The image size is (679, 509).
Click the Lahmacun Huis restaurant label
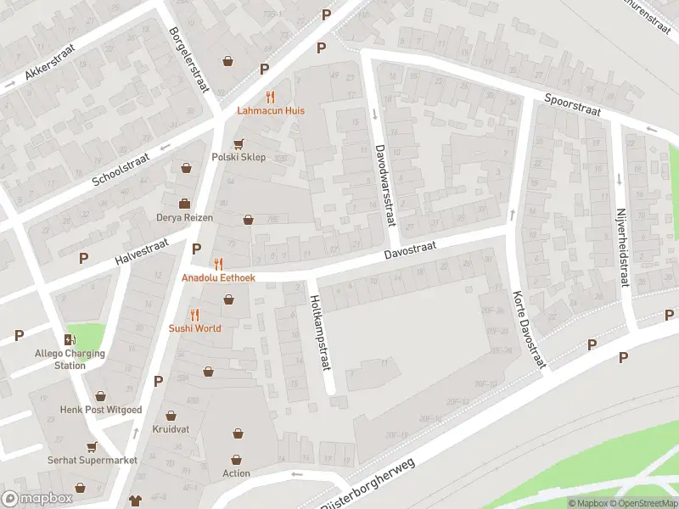(270, 110)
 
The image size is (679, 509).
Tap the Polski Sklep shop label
(238, 157)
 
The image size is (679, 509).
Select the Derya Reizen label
(184, 217)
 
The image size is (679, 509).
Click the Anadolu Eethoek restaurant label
(217, 277)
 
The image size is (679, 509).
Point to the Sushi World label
(194, 327)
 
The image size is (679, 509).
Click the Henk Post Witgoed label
(101, 410)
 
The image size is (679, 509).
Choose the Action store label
(237, 473)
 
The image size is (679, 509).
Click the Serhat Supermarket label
(92, 460)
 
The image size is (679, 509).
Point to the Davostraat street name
(410, 249)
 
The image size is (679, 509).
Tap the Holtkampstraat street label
(318, 331)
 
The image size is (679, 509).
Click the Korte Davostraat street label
(527, 330)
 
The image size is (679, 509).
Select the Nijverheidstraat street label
(622, 247)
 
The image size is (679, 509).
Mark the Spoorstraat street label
(573, 105)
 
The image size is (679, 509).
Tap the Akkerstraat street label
(48, 62)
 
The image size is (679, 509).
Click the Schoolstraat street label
(120, 164)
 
